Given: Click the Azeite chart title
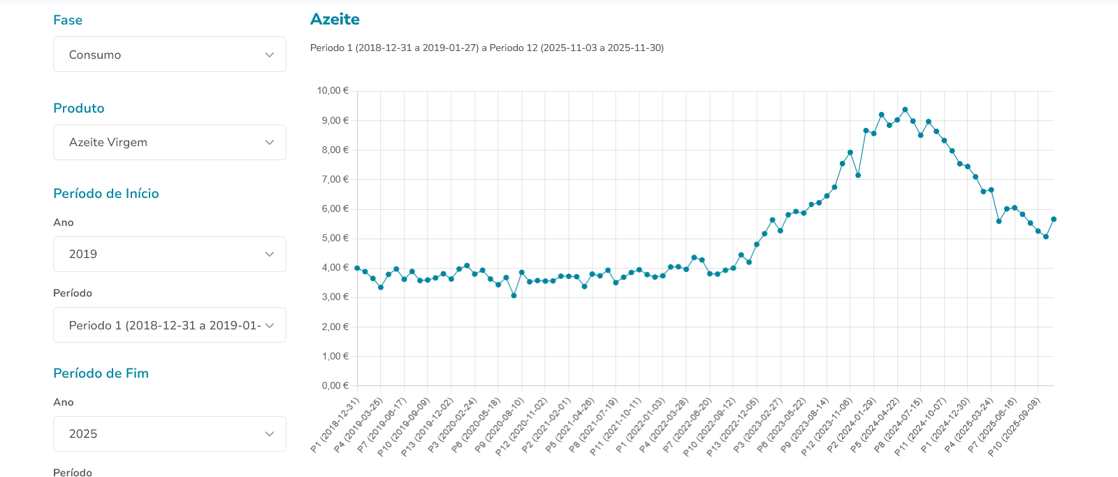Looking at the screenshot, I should point(335,20).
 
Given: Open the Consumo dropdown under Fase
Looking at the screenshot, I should point(170,55).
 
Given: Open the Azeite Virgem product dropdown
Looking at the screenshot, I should point(170,143).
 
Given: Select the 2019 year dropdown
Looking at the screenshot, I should point(170,255).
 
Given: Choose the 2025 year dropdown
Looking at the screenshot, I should point(170,434).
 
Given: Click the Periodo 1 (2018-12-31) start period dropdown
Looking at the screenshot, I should point(170,325).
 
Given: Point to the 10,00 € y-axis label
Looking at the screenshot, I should point(333,91).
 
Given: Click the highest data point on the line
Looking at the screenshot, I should point(905,110).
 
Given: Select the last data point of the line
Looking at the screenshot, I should point(1054,220).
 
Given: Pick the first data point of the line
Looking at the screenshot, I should point(357,269).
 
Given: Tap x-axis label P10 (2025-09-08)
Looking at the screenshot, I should point(1015,426).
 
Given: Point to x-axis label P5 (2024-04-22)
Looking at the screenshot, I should point(875,426).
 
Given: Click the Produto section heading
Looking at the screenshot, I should point(79,108).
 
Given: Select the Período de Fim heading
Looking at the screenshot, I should point(101,373).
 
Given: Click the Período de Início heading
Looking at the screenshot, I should point(106,194).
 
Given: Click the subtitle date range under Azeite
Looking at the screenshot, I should point(487,48).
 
